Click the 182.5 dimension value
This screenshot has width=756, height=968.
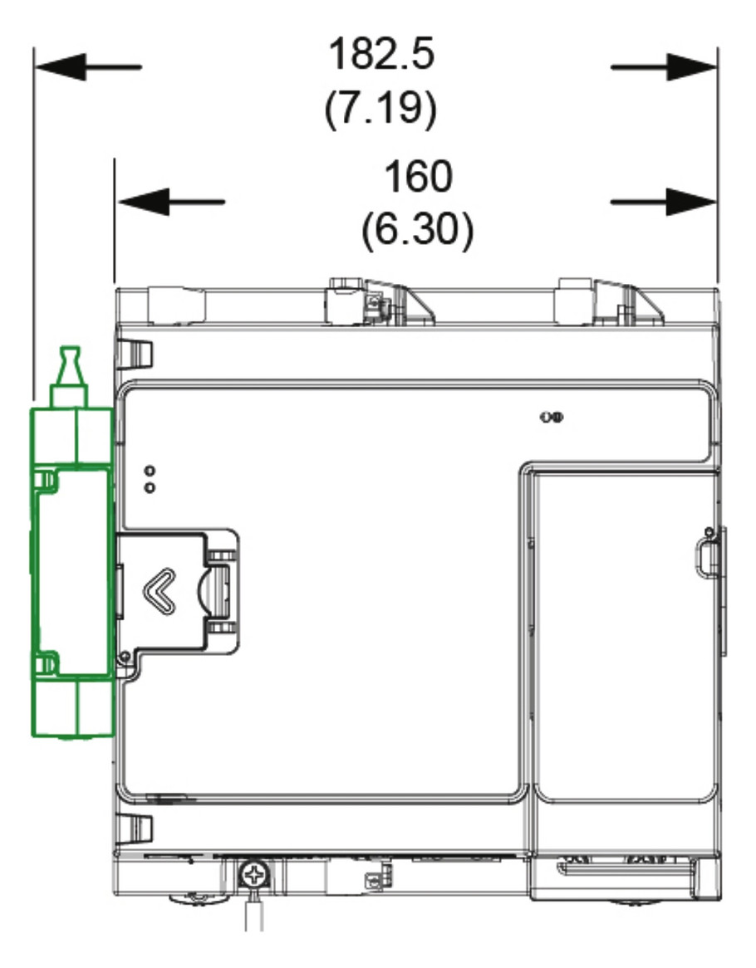pyautogui.click(x=381, y=54)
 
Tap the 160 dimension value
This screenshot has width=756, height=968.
pyautogui.click(x=418, y=177)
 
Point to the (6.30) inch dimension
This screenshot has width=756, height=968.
pyautogui.click(x=418, y=229)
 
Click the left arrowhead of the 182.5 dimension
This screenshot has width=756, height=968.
pyautogui.click(x=60, y=66)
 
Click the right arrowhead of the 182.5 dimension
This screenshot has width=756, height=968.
pyautogui.click(x=692, y=66)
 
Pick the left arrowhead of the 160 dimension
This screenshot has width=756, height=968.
pyautogui.click(x=143, y=202)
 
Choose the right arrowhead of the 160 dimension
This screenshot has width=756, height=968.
pyautogui.click(x=692, y=202)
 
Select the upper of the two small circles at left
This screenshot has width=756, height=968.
pyautogui.click(x=150, y=472)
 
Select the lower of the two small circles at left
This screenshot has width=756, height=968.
pyautogui.click(x=150, y=487)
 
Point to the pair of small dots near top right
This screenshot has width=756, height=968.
pyautogui.click(x=552, y=418)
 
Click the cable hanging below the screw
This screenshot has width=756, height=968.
pyautogui.click(x=254, y=910)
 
